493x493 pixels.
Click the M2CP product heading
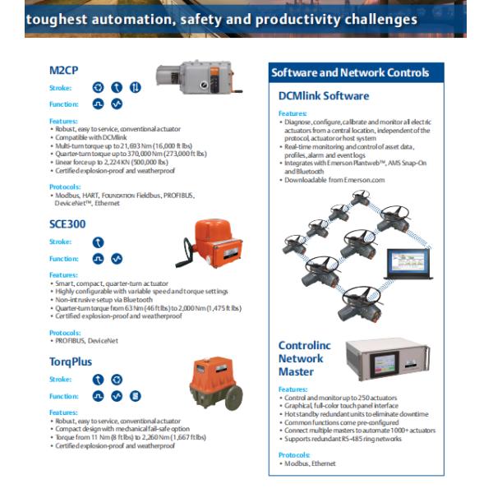pyautogui.click(x=65, y=69)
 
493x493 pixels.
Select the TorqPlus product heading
pyautogui.click(x=71, y=361)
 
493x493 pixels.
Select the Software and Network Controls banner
pyautogui.click(x=355, y=73)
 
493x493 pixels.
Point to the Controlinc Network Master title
pyautogui.click(x=304, y=358)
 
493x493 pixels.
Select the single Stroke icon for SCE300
pyautogui.click(x=98, y=242)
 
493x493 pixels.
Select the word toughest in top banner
pyautogui.click(x=54, y=19)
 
